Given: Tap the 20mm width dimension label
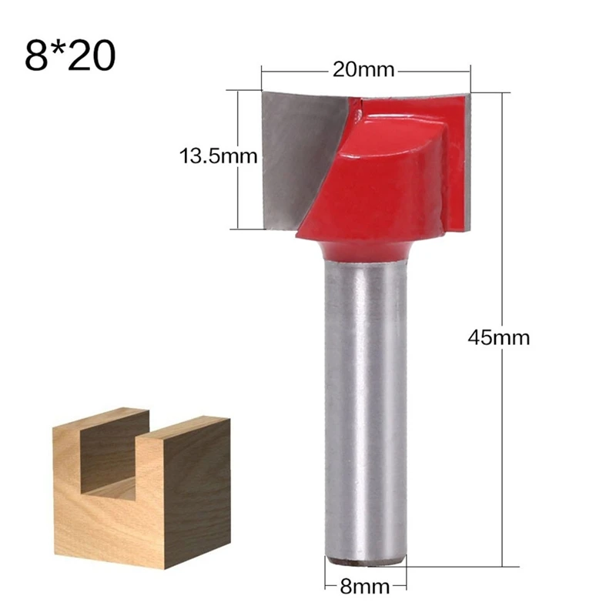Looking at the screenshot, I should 363,69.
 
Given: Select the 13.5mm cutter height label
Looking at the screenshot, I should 218,158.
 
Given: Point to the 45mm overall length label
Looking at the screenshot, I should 499,337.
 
